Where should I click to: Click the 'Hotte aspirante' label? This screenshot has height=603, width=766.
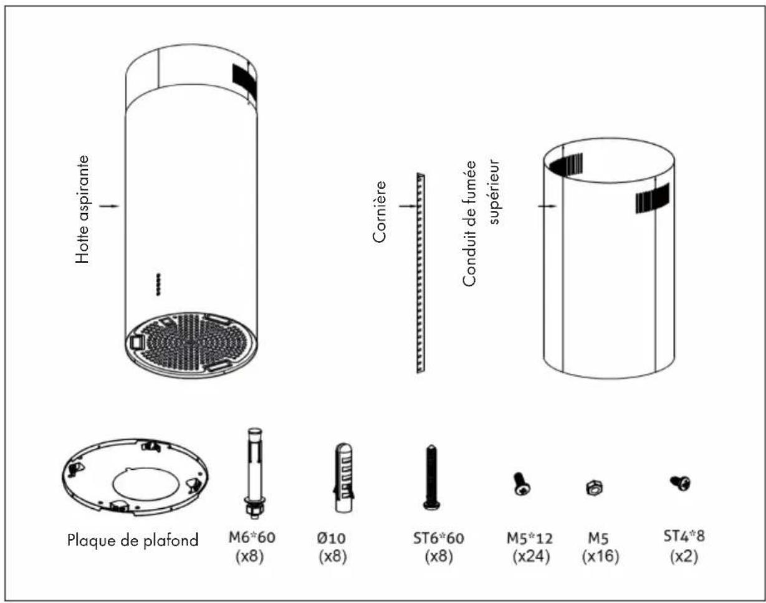82,209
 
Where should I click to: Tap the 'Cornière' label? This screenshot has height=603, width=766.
380,212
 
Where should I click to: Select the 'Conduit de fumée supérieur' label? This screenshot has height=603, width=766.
481,223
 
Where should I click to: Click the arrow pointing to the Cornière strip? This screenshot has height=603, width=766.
407,206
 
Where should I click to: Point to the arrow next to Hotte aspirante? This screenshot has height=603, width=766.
109,206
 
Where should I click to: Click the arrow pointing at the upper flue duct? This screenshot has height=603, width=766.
547,206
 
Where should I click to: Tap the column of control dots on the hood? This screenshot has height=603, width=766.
158,284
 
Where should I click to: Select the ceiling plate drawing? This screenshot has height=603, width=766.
135,477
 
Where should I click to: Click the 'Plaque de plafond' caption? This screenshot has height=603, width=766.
133,540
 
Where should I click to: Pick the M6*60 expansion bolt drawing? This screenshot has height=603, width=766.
255,473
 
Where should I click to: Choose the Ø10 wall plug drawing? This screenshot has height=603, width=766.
343,477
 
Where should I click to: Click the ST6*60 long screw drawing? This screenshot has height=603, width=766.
431,477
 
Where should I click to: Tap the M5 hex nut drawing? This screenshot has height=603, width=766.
594,487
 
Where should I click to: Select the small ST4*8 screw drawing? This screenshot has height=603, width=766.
680,483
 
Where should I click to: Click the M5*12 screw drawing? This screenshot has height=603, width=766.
522,484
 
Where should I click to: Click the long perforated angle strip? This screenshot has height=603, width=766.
421,273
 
